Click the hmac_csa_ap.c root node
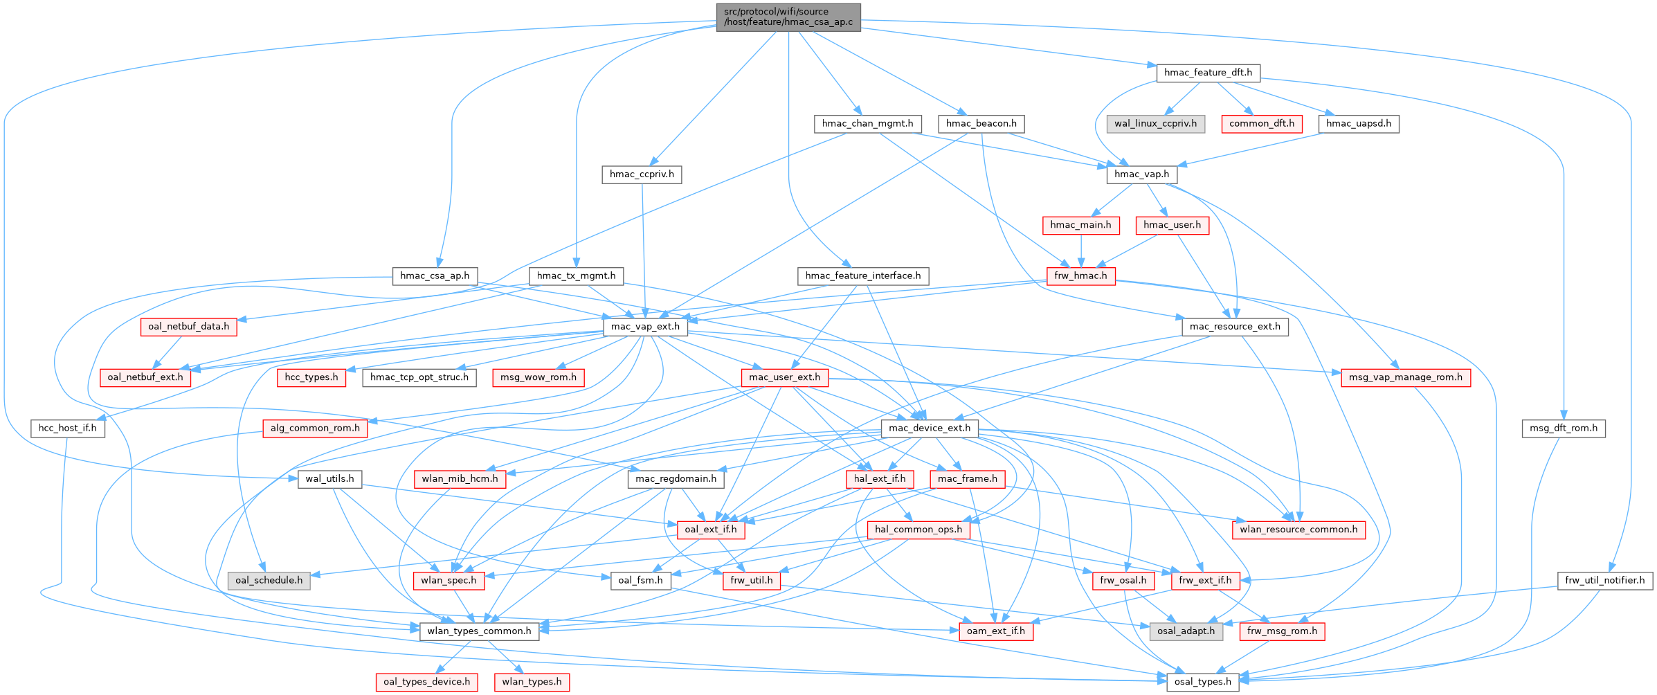click(788, 17)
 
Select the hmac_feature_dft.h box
click(1208, 73)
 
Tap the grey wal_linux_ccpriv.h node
click(1155, 124)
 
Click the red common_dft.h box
click(1262, 124)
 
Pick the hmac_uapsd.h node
click(1359, 124)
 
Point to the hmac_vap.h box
click(1141, 174)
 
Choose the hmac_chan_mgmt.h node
click(867, 124)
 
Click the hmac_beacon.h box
click(981, 124)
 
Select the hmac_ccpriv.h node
click(642, 174)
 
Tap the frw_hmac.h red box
click(1080, 276)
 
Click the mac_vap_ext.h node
click(645, 327)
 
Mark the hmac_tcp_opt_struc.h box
click(419, 377)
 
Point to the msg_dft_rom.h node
click(1564, 428)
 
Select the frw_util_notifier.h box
click(1605, 580)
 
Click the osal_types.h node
click(1203, 682)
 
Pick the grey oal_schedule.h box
click(269, 580)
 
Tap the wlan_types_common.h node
click(479, 631)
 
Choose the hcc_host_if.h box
click(67, 428)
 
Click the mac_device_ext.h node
click(930, 428)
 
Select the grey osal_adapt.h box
click(1186, 631)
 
